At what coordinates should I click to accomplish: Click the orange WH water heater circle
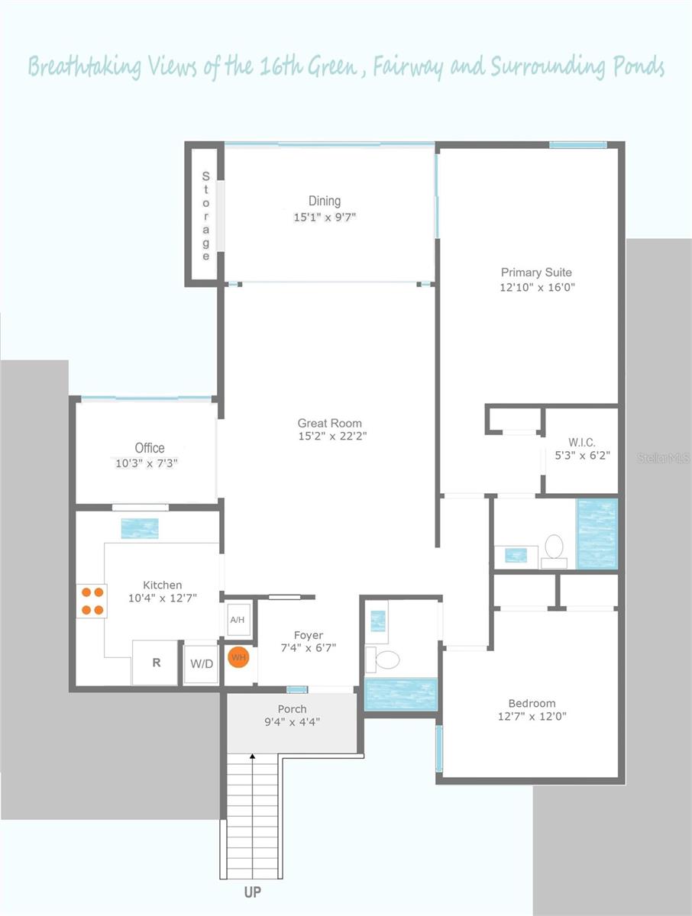238,657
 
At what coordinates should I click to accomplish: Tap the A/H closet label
238,620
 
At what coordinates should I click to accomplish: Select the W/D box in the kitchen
202,663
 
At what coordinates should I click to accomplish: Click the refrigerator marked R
157,663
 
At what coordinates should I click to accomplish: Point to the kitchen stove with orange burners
92,600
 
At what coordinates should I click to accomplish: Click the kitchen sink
140,528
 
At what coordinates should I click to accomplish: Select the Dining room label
325,201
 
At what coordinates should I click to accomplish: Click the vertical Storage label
205,216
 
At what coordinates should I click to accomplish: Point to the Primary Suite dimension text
536,288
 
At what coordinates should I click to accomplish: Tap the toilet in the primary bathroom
554,549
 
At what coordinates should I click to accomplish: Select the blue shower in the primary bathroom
596,534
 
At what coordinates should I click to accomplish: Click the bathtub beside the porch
401,694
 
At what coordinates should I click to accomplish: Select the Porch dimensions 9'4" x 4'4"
293,721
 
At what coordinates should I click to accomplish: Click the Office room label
150,448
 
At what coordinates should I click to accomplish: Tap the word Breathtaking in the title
84,67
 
